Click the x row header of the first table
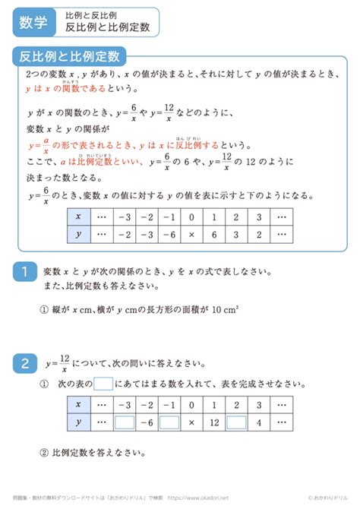pyautogui.click(x=79, y=216)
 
